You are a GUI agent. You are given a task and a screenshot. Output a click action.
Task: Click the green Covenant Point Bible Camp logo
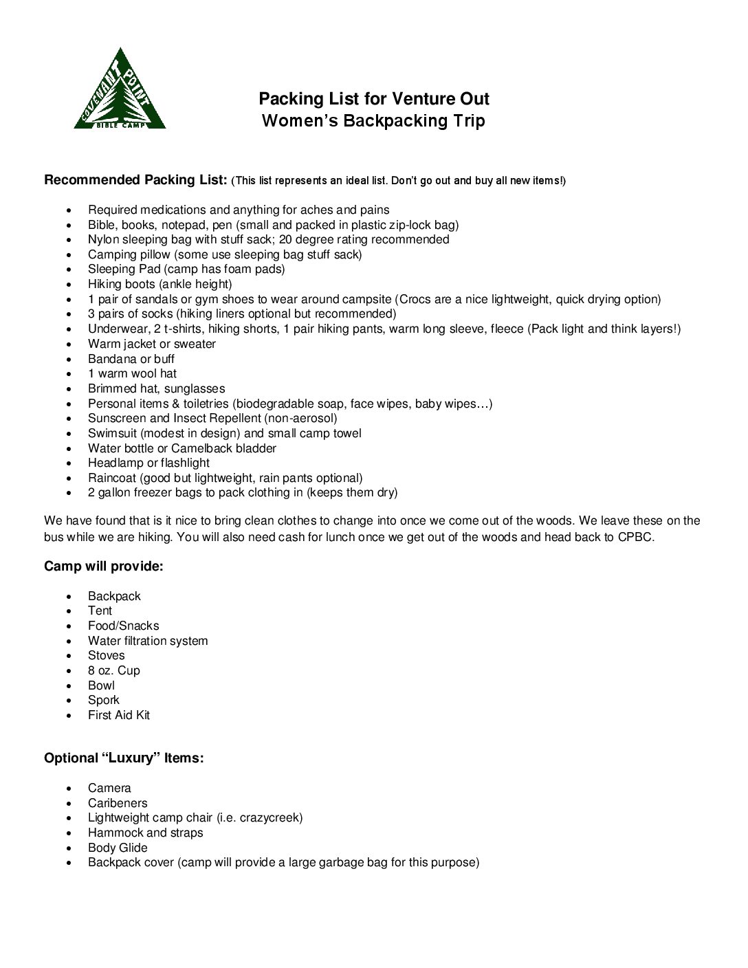tap(120, 90)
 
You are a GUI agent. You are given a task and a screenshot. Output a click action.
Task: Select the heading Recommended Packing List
tap(135, 180)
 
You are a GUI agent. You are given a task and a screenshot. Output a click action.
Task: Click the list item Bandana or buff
tap(131, 359)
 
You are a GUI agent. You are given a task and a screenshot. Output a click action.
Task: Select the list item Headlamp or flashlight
tap(148, 463)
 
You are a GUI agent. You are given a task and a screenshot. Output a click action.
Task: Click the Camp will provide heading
tap(104, 566)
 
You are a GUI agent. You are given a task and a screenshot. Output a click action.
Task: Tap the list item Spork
tap(104, 700)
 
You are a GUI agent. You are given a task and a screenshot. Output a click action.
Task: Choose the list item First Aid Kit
tap(119, 715)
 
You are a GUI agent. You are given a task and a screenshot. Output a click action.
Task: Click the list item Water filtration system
tap(148, 641)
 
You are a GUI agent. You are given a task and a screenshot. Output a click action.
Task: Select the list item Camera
tap(109, 788)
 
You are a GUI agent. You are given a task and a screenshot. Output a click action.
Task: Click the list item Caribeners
tap(118, 803)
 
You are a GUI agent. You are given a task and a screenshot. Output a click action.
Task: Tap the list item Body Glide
tap(118, 848)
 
